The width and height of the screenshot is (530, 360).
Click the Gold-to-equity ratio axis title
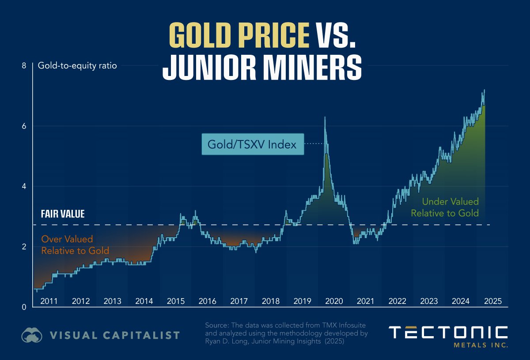tap(77, 66)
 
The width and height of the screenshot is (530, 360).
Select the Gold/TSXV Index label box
tap(253, 144)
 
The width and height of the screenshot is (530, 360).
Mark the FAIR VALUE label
tap(63, 214)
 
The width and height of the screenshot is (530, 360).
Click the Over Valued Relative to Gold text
tap(75, 245)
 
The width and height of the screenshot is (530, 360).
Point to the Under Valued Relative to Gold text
tap(444, 207)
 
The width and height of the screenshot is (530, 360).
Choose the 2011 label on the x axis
tap(49, 302)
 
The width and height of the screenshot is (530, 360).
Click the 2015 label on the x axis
tap(176, 302)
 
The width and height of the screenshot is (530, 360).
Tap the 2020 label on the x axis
tap(334, 302)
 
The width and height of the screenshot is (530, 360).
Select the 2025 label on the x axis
tap(492, 302)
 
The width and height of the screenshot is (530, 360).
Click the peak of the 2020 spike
tap(325, 117)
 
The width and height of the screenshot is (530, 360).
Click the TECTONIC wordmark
tap(448, 333)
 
